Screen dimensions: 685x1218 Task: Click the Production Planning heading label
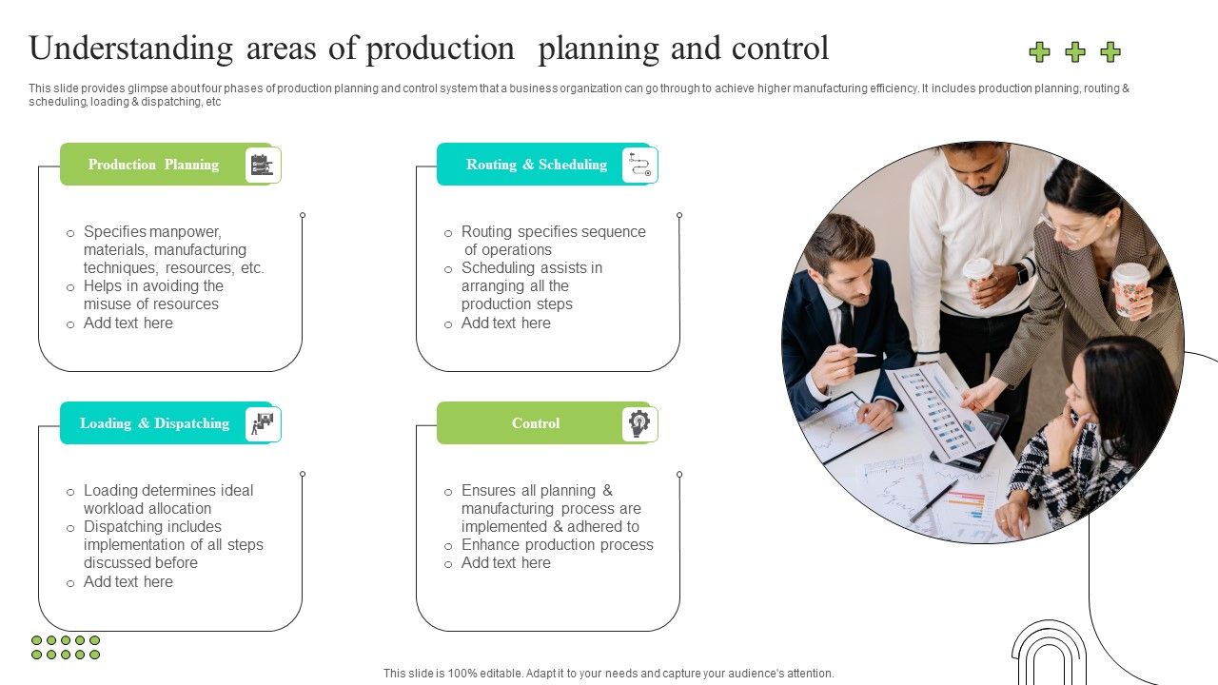pos(153,165)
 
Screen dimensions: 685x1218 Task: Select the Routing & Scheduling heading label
pos(536,165)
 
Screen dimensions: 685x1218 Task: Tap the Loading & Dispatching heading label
pos(154,423)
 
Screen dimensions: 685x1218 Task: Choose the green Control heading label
pos(536,423)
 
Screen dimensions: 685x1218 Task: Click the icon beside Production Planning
pos(261,166)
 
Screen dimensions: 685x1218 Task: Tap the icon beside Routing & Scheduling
pos(638,166)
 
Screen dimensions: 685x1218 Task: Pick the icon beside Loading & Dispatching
pos(261,423)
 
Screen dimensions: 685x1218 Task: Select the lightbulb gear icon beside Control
pos(638,423)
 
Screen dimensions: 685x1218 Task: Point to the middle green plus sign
pos(1075,52)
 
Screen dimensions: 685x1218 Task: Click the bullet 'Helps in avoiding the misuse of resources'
pos(152,295)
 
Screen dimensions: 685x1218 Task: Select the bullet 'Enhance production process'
pos(557,545)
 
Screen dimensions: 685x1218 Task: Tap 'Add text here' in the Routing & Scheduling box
pos(505,323)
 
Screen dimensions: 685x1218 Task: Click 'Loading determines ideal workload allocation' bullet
pos(167,499)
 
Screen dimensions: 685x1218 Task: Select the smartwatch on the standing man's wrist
pos(1023,274)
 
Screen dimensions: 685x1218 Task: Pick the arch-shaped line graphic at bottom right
pos(1048,655)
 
